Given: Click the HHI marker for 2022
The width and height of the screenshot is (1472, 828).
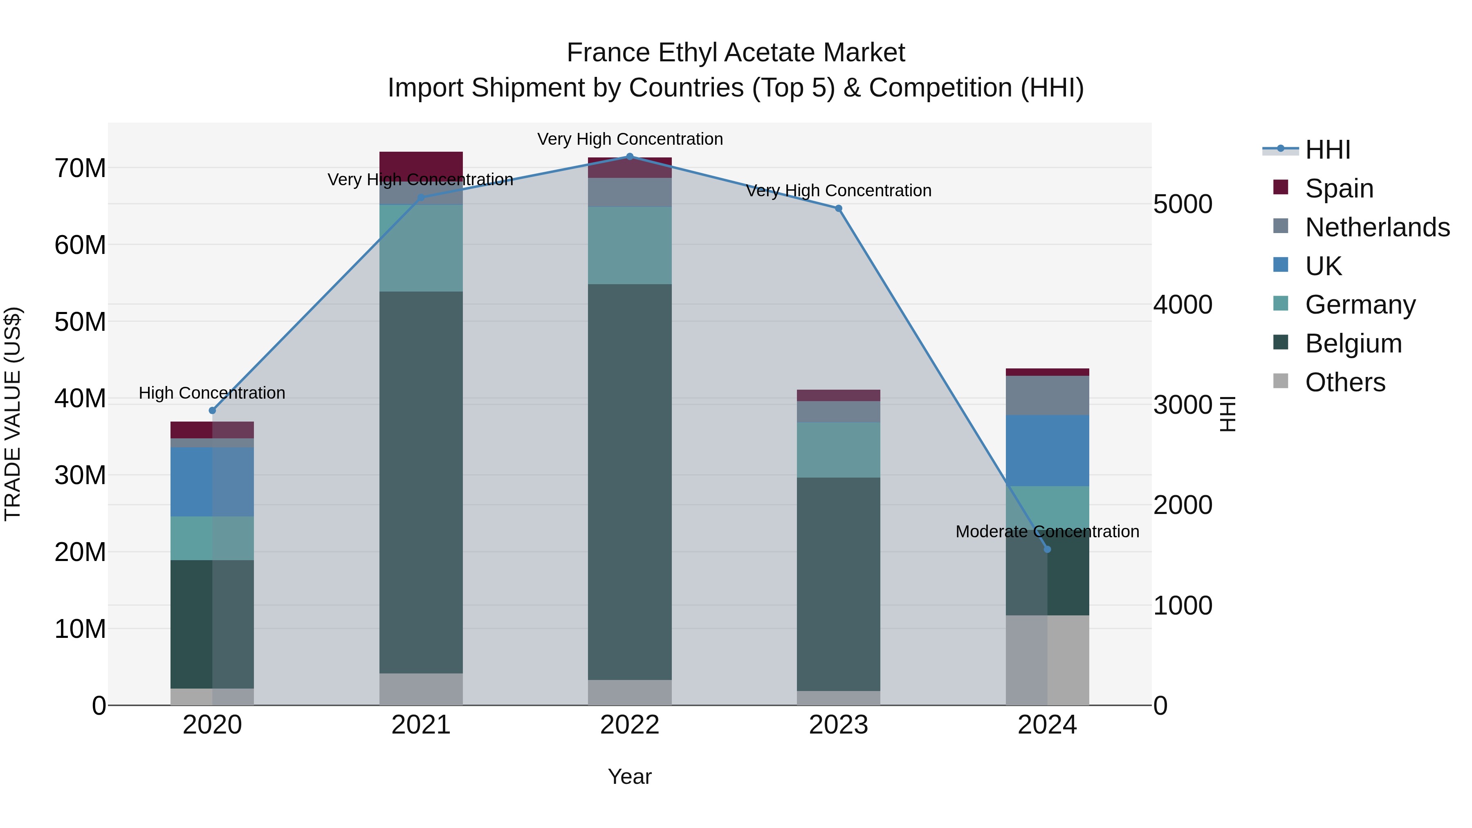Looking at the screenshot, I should (x=630, y=157).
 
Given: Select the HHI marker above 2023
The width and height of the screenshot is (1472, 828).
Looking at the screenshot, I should (x=838, y=209).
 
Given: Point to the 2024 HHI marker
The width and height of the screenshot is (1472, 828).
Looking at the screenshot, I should (x=1047, y=549).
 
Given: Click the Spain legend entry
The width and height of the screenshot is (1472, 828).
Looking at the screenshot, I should (x=1339, y=188).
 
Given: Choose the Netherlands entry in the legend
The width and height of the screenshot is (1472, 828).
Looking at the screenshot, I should (x=1377, y=227).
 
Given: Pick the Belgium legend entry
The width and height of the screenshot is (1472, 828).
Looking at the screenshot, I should (x=1353, y=343).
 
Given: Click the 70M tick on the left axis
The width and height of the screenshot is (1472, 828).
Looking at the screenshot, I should (x=80, y=168).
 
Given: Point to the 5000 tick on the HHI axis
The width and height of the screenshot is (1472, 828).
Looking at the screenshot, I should (x=1182, y=204).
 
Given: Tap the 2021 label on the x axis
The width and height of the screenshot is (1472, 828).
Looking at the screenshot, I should (x=421, y=725).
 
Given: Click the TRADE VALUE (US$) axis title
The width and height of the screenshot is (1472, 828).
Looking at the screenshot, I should (x=13, y=414).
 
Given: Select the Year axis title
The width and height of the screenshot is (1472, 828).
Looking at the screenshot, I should (x=629, y=776).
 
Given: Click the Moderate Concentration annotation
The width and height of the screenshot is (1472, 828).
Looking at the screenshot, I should (x=1047, y=532).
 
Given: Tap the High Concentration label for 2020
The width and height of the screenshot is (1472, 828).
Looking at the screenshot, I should (x=212, y=393).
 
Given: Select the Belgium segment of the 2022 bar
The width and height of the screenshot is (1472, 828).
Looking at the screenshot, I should (x=630, y=482).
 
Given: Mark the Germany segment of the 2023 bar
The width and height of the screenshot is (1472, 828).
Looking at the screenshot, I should (x=838, y=450).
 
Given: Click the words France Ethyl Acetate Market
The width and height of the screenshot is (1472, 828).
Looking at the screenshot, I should (x=736, y=53).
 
